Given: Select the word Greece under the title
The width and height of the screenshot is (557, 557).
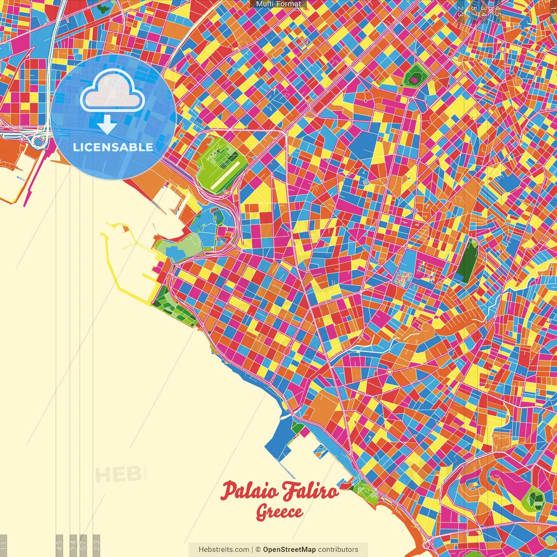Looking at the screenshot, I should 279,512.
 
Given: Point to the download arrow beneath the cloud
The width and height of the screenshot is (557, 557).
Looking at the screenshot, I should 107,125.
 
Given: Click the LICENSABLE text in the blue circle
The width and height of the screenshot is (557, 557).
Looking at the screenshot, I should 113,147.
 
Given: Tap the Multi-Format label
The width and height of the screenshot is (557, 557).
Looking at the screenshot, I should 278,4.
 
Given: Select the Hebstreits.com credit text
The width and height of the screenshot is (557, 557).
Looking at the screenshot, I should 224,550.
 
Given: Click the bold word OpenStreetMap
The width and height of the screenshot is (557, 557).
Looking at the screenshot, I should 289,550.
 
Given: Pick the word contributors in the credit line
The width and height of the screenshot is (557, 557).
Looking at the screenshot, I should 338,550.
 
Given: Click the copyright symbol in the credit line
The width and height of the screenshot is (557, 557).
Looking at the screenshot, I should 258,550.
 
